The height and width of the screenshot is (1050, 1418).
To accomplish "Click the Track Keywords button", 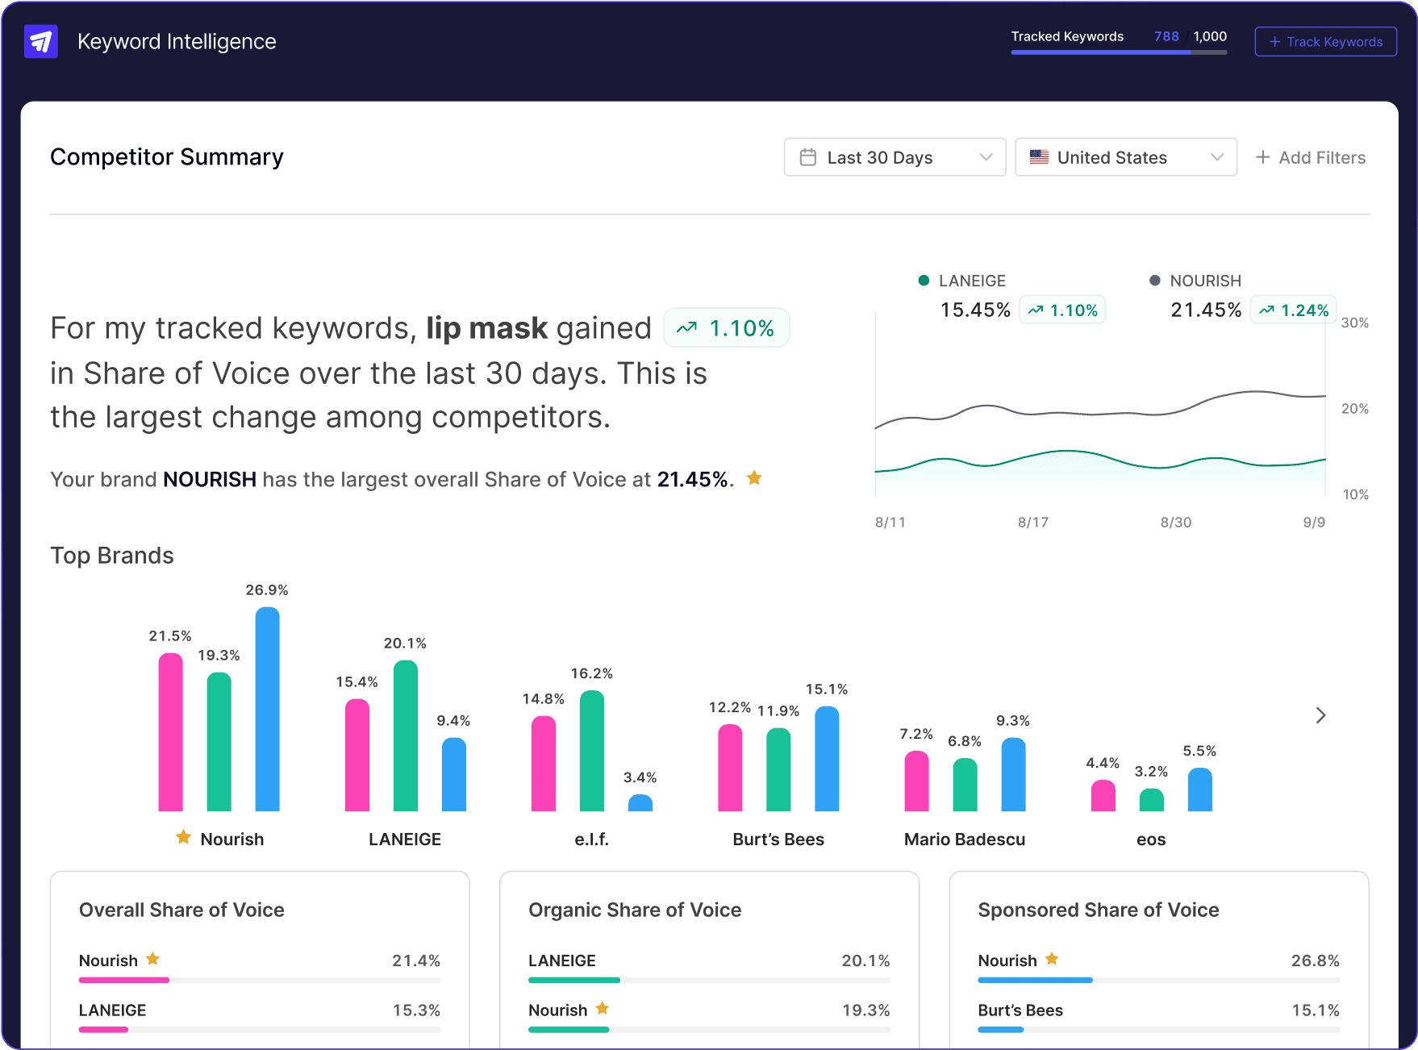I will click(x=1325, y=42).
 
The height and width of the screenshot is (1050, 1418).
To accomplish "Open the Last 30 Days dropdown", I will click(x=894, y=157).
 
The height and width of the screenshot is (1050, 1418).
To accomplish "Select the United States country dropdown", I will click(x=1125, y=157).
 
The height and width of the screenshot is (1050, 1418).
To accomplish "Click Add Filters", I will click(x=1311, y=157).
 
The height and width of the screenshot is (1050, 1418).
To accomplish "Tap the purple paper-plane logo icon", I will click(x=41, y=41).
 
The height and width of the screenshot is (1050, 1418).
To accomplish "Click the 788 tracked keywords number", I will click(x=1166, y=36).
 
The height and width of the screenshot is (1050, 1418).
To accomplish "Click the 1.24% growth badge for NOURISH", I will click(x=1293, y=310).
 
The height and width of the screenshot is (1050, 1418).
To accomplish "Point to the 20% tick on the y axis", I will click(x=1354, y=409).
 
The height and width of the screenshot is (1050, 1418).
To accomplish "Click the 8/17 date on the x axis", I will click(x=1032, y=523).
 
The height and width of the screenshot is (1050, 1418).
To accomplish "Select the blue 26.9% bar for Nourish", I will click(x=267, y=710).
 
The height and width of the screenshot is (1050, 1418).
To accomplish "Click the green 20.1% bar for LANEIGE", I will click(x=405, y=735).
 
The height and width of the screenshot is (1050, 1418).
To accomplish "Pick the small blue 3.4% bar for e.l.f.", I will click(x=640, y=803).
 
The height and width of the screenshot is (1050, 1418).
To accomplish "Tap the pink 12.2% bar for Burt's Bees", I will click(x=729, y=768).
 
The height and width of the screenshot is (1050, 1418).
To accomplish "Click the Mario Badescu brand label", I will click(x=964, y=840).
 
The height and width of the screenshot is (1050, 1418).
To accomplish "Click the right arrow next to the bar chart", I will click(x=1320, y=715).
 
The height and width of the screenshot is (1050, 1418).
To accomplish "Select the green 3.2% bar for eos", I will click(x=1151, y=800).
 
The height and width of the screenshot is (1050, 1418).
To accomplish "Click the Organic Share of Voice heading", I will click(x=634, y=910).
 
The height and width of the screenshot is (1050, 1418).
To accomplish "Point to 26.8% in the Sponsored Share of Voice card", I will click(x=1314, y=960).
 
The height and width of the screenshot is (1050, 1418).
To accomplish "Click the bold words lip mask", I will click(x=486, y=328).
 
